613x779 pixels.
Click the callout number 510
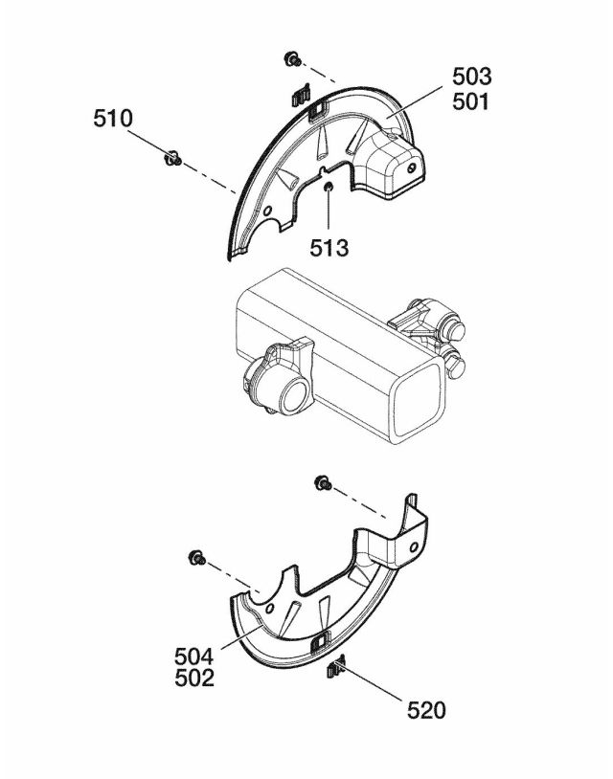point(113,119)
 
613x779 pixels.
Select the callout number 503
point(472,77)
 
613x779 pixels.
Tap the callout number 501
point(471,101)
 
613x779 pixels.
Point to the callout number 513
point(329,248)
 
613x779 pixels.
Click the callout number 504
point(193,657)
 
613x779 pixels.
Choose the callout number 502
point(193,679)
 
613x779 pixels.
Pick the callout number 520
point(426,710)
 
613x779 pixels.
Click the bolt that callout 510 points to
point(172,158)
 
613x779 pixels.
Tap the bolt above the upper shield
point(292,59)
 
